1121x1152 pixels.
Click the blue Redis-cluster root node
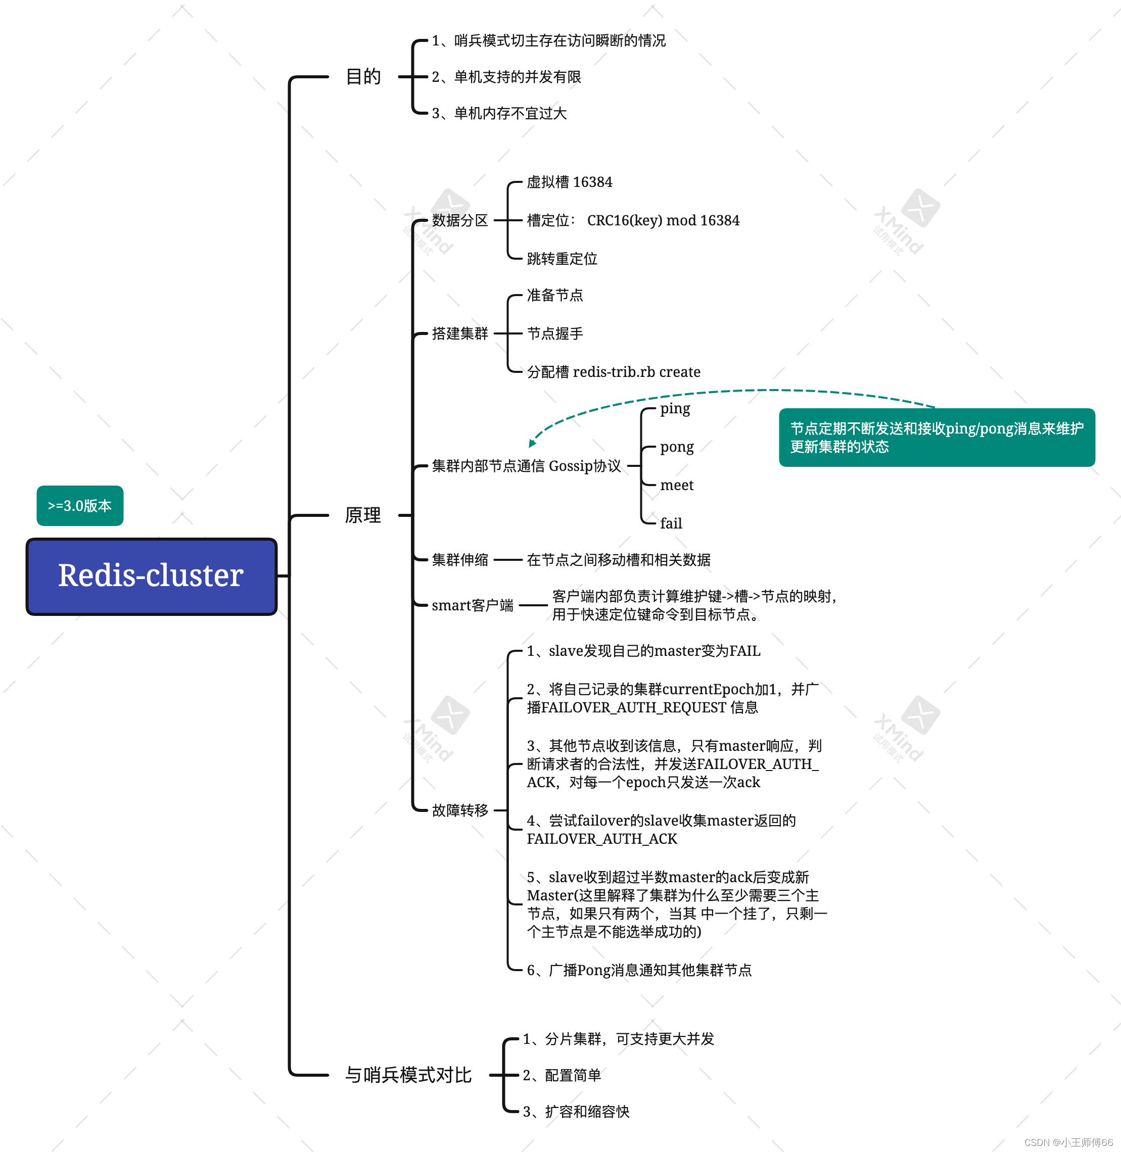tap(151, 575)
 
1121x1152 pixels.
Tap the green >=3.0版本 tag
tap(80, 506)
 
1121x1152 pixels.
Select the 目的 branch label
tap(363, 76)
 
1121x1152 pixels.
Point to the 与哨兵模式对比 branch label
tap(408, 1075)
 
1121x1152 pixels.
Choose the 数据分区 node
tap(460, 220)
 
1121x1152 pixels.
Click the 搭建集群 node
tap(460, 334)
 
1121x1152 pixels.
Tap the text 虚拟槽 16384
tap(569, 182)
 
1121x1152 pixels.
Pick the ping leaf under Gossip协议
tap(675, 409)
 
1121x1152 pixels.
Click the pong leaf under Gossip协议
tap(676, 447)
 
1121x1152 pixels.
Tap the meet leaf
tap(676, 485)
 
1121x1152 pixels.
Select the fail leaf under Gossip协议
tap(671, 523)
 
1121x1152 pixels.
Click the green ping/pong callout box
tap(936, 438)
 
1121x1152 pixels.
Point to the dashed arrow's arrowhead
tap(532, 443)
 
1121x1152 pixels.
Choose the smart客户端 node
tap(472, 605)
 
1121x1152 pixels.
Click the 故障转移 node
tap(460, 810)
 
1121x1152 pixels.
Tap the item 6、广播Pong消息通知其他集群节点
tap(639, 970)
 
